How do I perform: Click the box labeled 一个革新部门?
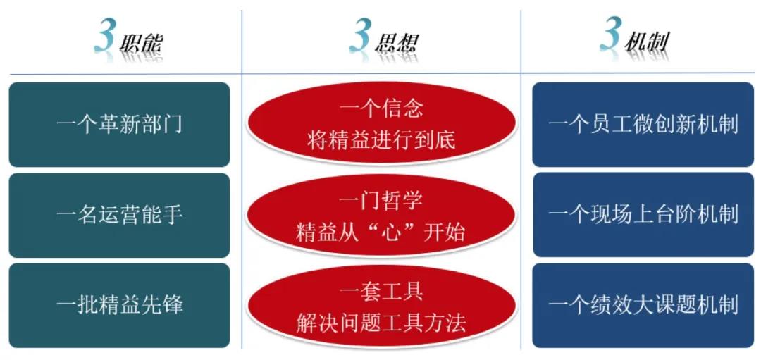(119, 125)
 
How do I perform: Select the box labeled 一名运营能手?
(119, 215)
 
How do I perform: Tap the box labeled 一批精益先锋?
(119, 306)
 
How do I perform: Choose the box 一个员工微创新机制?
(643, 125)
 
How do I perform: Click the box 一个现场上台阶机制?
(643, 215)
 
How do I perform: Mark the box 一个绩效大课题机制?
(643, 306)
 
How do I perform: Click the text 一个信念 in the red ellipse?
(381, 109)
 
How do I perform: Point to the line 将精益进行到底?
(381, 140)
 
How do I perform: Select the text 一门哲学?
(381, 200)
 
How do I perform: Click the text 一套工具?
(381, 292)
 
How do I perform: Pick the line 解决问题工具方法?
(381, 323)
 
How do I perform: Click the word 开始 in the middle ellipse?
(444, 232)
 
